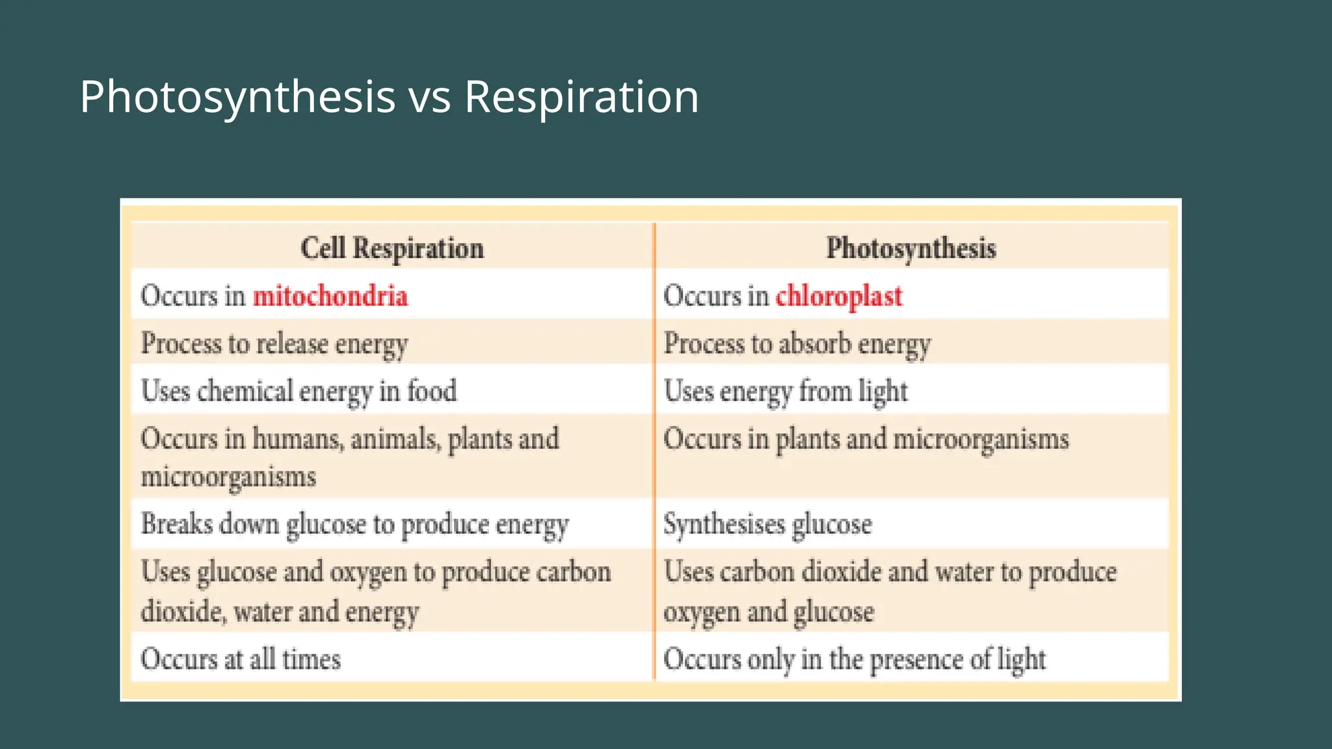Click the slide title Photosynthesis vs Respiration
click(x=389, y=97)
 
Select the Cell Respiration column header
click(x=392, y=248)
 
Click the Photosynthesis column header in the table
click(x=911, y=248)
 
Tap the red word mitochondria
click(x=330, y=296)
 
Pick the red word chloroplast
click(x=839, y=296)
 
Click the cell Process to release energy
click(x=274, y=344)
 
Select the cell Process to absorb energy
click(x=797, y=344)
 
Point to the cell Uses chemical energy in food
click(x=299, y=391)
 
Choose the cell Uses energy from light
click(x=786, y=391)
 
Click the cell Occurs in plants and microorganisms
click(x=866, y=440)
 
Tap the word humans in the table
click(x=297, y=440)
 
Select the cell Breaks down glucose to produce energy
click(x=355, y=525)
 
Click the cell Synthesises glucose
click(x=767, y=525)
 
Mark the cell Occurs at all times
click(x=241, y=659)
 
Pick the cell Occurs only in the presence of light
click(x=855, y=659)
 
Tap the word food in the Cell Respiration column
click(x=433, y=391)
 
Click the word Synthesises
click(x=725, y=525)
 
